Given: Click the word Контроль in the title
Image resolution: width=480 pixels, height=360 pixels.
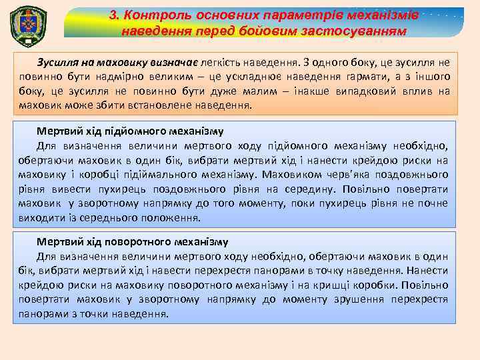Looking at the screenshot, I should (155, 15).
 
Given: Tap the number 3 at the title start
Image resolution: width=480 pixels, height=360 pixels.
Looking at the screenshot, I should (114, 15).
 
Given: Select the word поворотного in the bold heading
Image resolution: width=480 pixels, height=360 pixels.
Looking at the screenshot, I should (142, 242).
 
